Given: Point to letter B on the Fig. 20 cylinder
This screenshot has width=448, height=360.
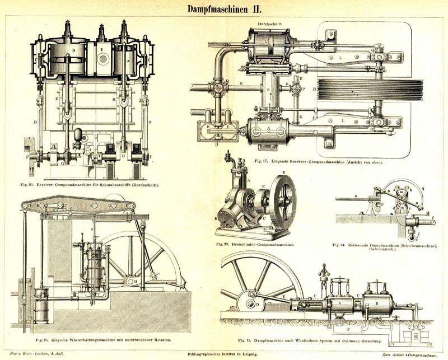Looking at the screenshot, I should [73, 50].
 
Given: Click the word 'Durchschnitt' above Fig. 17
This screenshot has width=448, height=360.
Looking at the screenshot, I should [269, 24].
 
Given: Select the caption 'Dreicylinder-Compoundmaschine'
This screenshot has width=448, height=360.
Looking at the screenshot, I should [255, 245].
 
